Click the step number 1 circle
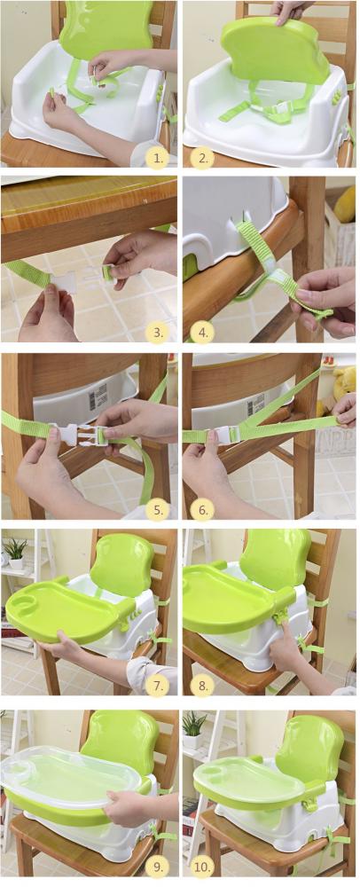(x=155, y=158)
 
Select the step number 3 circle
(x=155, y=332)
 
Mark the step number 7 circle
(x=155, y=686)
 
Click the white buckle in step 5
(x=79, y=433)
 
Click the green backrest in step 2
(x=275, y=50)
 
